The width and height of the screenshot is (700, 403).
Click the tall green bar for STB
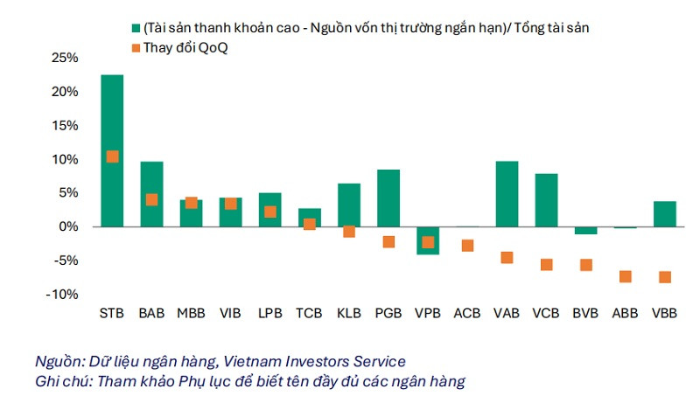point(112,114)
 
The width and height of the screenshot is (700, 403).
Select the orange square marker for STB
point(112,156)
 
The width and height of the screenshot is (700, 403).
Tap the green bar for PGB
point(388,198)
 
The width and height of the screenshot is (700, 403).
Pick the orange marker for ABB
point(625,276)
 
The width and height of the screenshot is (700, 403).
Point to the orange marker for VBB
point(664,277)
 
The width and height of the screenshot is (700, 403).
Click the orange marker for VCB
point(546,264)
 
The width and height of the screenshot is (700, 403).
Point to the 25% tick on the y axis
point(64,58)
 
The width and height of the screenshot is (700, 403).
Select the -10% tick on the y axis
point(61,294)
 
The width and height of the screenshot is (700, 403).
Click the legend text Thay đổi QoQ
point(185,47)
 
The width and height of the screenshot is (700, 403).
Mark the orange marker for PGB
point(388,241)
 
